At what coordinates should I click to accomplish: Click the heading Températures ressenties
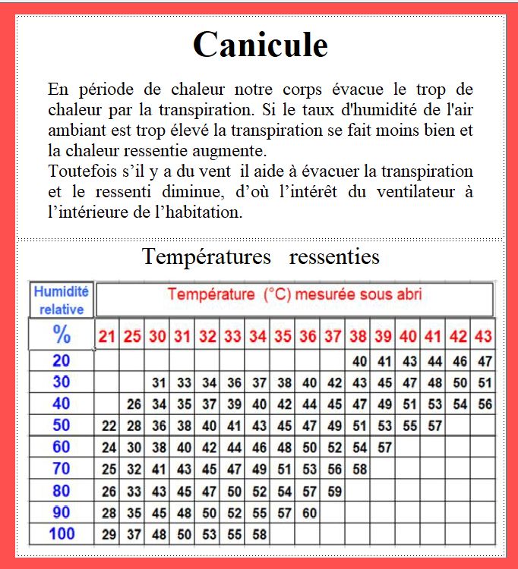pos(261,256)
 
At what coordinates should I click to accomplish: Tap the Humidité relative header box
pos(62,300)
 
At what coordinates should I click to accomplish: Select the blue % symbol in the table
pos(62,333)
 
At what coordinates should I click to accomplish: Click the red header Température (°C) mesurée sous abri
pos(295,294)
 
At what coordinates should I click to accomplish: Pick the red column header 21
pos(108,336)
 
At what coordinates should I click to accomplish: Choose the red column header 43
pos(483,336)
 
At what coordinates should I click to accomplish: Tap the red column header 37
pos(333,336)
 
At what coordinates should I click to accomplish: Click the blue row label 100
pos(62,533)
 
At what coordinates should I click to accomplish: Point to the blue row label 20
pos(62,360)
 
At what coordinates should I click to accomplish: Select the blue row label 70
pos(62,468)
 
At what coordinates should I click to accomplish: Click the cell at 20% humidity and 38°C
pos(359,361)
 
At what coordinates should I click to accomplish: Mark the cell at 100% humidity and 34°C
pos(259,534)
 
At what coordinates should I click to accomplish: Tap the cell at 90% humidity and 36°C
pos(309,512)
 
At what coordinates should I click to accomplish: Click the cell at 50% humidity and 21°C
pos(109,426)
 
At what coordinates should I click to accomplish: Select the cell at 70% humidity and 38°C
pos(359,469)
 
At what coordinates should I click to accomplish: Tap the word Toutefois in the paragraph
pos(78,171)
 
